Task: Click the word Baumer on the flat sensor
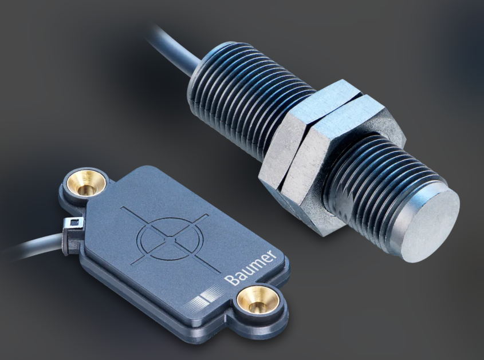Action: [x=250, y=267]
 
